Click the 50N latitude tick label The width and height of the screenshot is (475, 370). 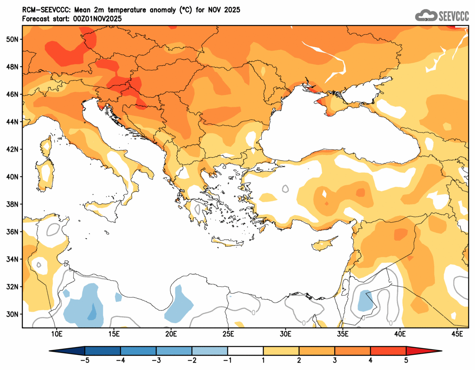[12, 39]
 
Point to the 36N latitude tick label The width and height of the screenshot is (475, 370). [12, 232]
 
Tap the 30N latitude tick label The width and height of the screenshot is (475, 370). [12, 314]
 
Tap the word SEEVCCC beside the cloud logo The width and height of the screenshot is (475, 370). [453, 16]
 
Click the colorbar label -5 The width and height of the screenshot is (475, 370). [85, 360]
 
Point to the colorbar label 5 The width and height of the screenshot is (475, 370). [406, 360]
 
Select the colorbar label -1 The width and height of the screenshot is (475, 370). [228, 360]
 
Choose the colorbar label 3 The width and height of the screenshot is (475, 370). [335, 360]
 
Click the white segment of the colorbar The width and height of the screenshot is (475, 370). [245, 351]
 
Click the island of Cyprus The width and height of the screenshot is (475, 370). [325, 244]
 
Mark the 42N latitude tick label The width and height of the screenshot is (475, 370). [12, 149]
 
